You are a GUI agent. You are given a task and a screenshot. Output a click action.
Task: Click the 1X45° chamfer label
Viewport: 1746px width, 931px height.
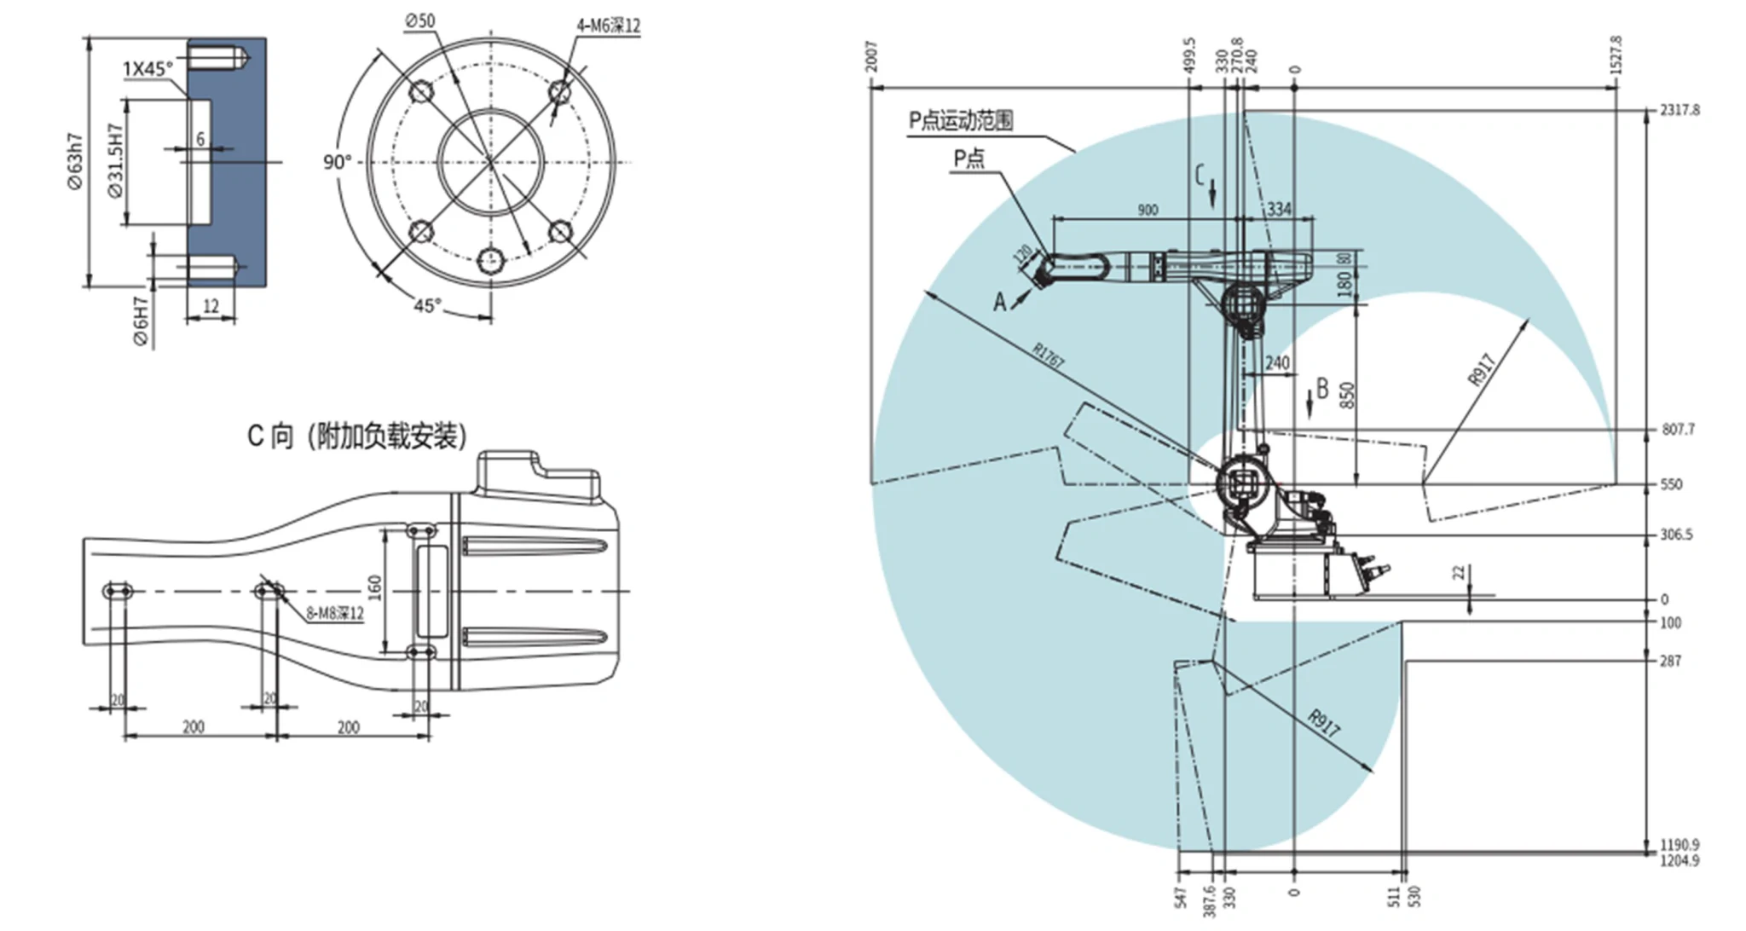(x=147, y=68)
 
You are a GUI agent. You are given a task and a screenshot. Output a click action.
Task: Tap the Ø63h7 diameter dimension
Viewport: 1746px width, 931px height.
(x=75, y=161)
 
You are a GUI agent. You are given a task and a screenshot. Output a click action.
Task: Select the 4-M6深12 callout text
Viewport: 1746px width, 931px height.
(x=608, y=26)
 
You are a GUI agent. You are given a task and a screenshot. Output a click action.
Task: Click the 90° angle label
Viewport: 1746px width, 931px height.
(x=337, y=162)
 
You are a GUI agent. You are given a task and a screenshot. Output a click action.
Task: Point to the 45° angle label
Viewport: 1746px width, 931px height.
(x=427, y=304)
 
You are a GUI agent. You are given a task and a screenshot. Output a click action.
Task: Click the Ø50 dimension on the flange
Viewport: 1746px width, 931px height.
(x=419, y=20)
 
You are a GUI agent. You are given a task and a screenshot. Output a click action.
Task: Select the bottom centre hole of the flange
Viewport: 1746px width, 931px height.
(x=491, y=260)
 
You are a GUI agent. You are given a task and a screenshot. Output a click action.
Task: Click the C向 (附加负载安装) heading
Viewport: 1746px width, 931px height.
(x=357, y=437)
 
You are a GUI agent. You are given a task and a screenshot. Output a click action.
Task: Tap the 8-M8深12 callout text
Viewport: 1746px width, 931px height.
(x=335, y=614)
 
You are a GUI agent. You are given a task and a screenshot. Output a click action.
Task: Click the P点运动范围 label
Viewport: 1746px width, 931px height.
(x=961, y=120)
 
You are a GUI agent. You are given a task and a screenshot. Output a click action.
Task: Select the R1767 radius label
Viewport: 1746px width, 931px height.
(x=1049, y=356)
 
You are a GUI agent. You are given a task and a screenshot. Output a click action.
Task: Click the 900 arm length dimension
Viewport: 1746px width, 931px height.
(x=1148, y=210)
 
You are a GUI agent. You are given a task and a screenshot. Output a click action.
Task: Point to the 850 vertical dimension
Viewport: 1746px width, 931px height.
(x=1347, y=395)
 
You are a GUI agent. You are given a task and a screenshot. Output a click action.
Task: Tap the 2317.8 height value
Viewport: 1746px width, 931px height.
(x=1679, y=110)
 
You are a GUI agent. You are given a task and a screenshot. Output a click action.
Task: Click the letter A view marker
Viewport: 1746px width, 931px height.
(x=999, y=302)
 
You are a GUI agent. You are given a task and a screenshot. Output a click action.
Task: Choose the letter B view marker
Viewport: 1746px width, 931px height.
(x=1322, y=389)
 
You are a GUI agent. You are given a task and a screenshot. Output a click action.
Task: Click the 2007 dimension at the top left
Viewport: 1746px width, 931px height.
(x=871, y=58)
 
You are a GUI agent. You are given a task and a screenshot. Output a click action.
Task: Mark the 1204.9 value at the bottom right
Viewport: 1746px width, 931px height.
(x=1679, y=860)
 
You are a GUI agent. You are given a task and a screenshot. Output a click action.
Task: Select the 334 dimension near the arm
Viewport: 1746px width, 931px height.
(x=1279, y=209)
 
